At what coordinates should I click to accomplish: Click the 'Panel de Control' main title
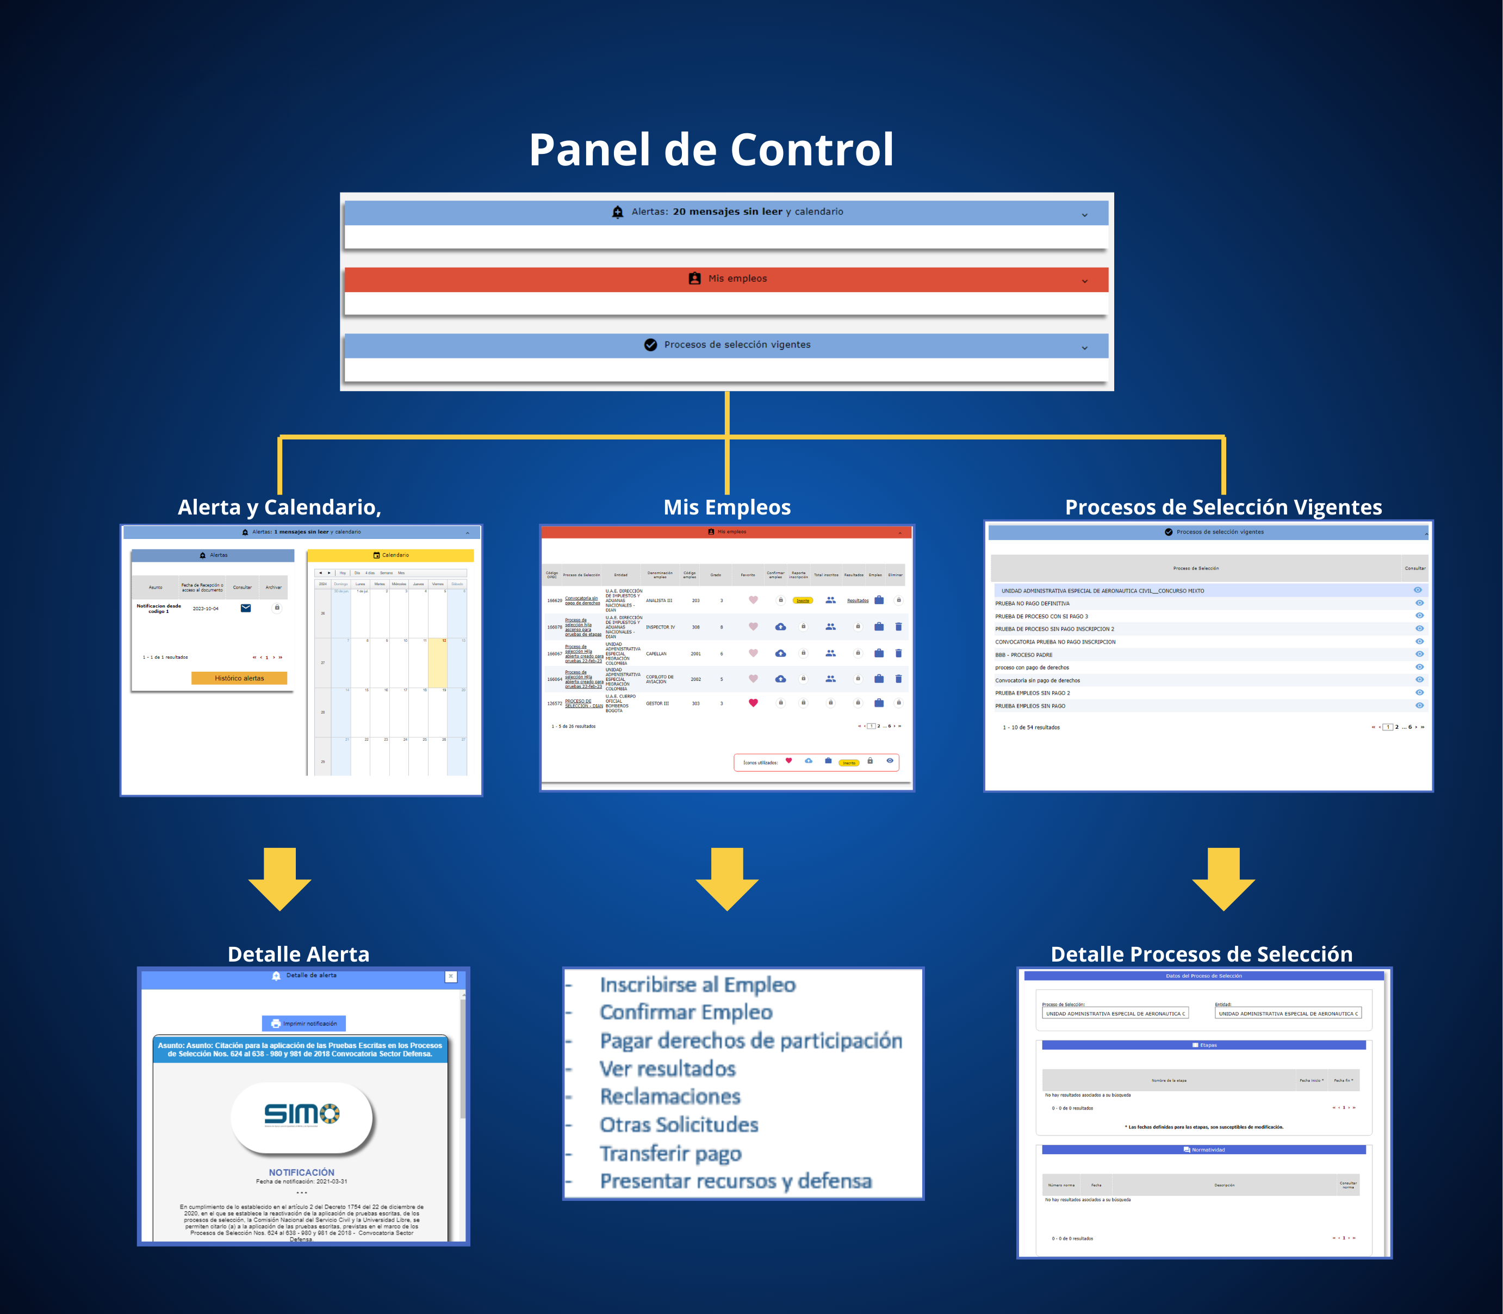tap(711, 150)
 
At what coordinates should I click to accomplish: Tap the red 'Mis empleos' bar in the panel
tap(726, 278)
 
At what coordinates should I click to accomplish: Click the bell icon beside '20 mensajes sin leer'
tap(617, 212)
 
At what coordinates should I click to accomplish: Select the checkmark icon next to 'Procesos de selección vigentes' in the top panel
tap(650, 345)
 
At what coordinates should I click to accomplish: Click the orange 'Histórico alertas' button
tap(239, 678)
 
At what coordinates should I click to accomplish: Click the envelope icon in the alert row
tap(246, 608)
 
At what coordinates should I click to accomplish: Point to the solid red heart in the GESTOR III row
tap(753, 703)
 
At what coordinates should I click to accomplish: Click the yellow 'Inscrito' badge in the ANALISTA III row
tap(803, 600)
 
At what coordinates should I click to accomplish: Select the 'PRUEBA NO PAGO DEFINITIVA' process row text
tap(1032, 604)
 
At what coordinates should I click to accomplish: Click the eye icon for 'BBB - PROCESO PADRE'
tap(1419, 654)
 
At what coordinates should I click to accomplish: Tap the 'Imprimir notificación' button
tap(303, 1023)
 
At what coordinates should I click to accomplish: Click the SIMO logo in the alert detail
tap(301, 1114)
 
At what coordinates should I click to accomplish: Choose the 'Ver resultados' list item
tap(667, 1069)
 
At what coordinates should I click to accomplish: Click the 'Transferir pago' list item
tap(670, 1154)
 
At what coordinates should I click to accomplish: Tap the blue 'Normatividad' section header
tap(1203, 1150)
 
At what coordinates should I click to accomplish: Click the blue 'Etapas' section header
tap(1203, 1045)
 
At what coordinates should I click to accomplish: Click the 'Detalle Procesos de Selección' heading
tap(1201, 954)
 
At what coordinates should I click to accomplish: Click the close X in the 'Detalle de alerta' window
tap(451, 976)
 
